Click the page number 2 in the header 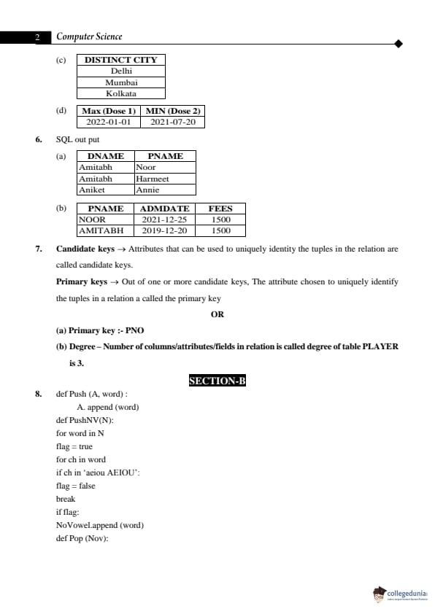[x=36, y=37]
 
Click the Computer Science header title [x=89, y=36]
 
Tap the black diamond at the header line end [x=398, y=44]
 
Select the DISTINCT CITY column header [x=120, y=60]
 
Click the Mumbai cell [x=121, y=82]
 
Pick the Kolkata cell [x=121, y=93]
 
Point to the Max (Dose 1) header [x=109, y=111]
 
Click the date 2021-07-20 [x=173, y=122]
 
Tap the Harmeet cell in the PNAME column [x=153, y=179]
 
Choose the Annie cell [x=147, y=190]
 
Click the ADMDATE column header [x=164, y=209]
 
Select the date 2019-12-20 [x=164, y=230]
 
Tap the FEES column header [x=220, y=209]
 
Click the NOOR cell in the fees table [x=92, y=219]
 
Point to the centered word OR [x=217, y=314]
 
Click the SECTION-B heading [x=217, y=381]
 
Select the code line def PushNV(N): [x=85, y=420]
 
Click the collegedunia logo [x=400, y=594]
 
